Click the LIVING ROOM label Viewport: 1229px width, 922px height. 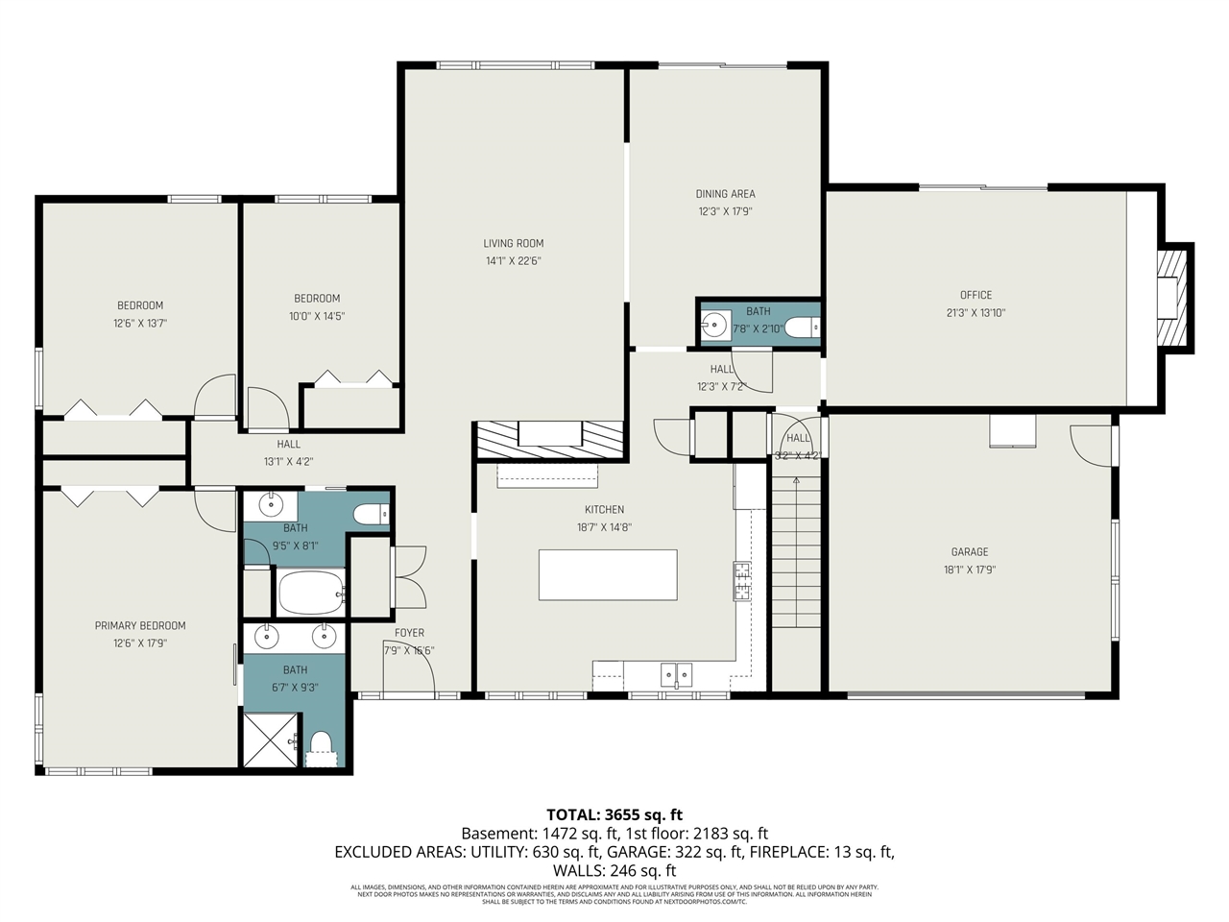(x=513, y=244)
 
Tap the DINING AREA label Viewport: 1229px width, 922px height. (x=725, y=194)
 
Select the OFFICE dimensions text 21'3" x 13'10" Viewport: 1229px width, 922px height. (x=976, y=313)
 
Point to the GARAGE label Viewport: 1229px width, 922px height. (x=969, y=552)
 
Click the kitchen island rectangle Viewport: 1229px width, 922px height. (x=607, y=574)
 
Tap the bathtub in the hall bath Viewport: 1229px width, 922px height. (x=310, y=593)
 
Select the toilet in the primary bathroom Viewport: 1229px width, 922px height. (x=321, y=744)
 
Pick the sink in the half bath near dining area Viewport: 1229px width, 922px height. (x=713, y=327)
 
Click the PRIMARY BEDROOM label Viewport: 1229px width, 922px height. (x=140, y=626)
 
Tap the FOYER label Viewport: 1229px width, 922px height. (x=409, y=633)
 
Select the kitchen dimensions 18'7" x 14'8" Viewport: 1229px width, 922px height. (x=604, y=527)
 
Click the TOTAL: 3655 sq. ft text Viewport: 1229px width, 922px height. (x=614, y=815)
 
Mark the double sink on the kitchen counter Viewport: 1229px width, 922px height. (x=676, y=674)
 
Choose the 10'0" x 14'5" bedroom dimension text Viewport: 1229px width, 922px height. (x=317, y=316)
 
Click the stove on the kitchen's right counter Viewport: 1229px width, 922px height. (x=742, y=581)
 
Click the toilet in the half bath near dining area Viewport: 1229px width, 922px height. (x=802, y=328)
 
